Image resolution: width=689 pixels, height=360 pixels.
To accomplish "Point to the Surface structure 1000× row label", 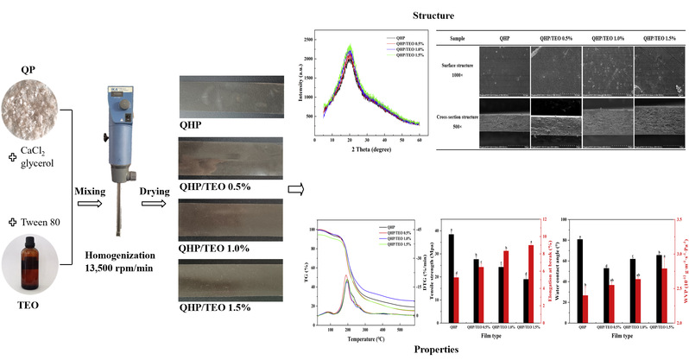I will click(467, 68).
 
